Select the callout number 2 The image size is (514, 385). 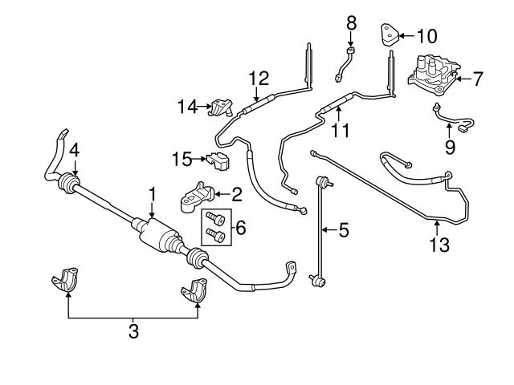pyautogui.click(x=237, y=193)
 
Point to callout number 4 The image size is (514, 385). pyautogui.click(x=73, y=148)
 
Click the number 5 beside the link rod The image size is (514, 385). pyautogui.click(x=343, y=231)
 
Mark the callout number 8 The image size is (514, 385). pyautogui.click(x=351, y=23)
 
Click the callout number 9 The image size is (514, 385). pyautogui.click(x=450, y=147)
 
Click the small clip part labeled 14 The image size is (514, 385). pyautogui.click(x=218, y=107)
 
